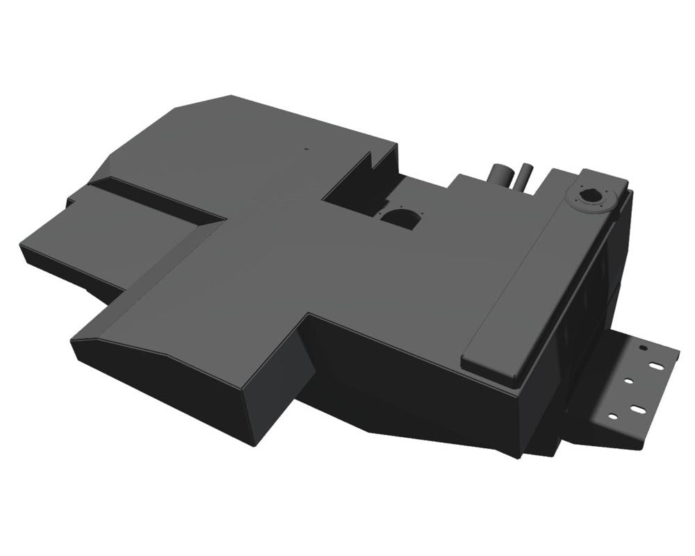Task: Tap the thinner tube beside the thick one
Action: click(x=523, y=177)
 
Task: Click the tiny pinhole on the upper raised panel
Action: click(x=304, y=148)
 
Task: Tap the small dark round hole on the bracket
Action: click(x=644, y=346)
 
